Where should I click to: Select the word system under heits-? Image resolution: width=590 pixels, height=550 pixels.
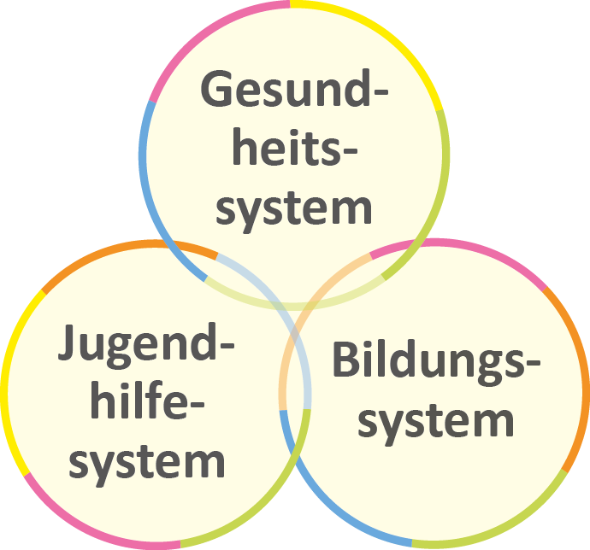293,208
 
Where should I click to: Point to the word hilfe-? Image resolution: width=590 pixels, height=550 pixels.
146,401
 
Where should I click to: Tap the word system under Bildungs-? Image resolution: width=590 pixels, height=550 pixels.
436,420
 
